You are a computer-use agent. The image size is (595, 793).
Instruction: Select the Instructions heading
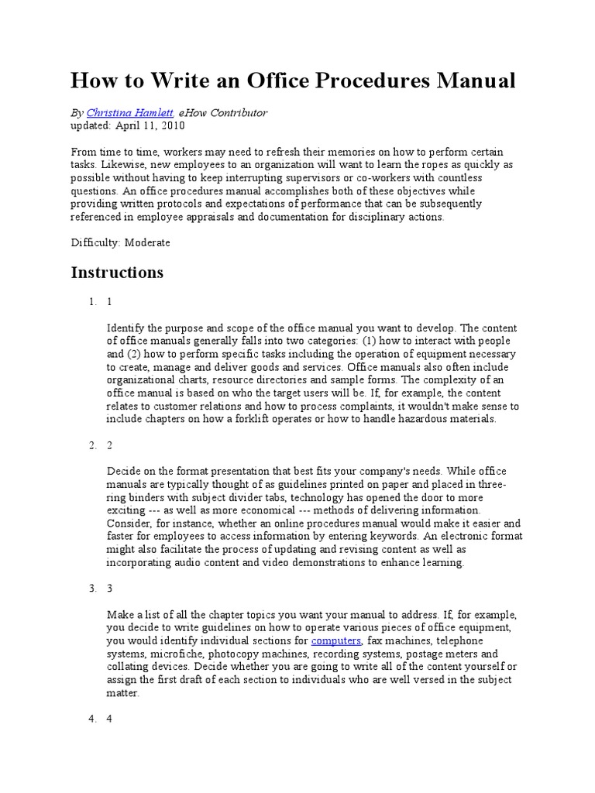pos(117,273)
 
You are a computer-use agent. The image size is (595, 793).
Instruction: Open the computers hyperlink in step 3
pos(335,641)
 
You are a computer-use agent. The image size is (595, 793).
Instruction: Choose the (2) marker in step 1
pos(134,354)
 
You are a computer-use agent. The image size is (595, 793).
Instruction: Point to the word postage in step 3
pos(436,654)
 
